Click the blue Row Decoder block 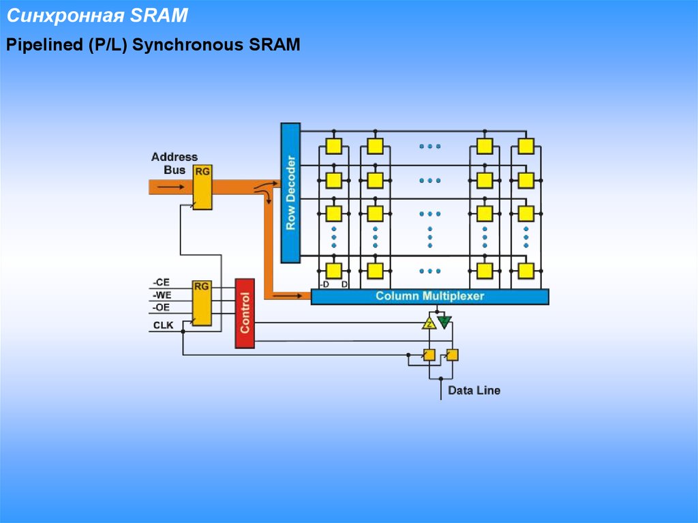[x=290, y=193]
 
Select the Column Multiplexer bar [x=429, y=297]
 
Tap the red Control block [x=245, y=313]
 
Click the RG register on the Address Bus [x=202, y=187]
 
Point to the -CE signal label [x=162, y=282]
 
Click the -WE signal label [x=162, y=295]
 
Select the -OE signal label [x=162, y=308]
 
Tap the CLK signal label [x=164, y=325]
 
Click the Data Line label [x=474, y=391]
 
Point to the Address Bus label [x=174, y=163]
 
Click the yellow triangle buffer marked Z [x=429, y=323]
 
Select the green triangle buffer [x=444, y=321]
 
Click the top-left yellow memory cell [x=333, y=146]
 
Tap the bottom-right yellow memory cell [x=525, y=271]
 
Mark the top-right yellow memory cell [x=525, y=146]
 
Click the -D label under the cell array [x=324, y=284]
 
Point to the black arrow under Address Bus [x=174, y=185]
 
